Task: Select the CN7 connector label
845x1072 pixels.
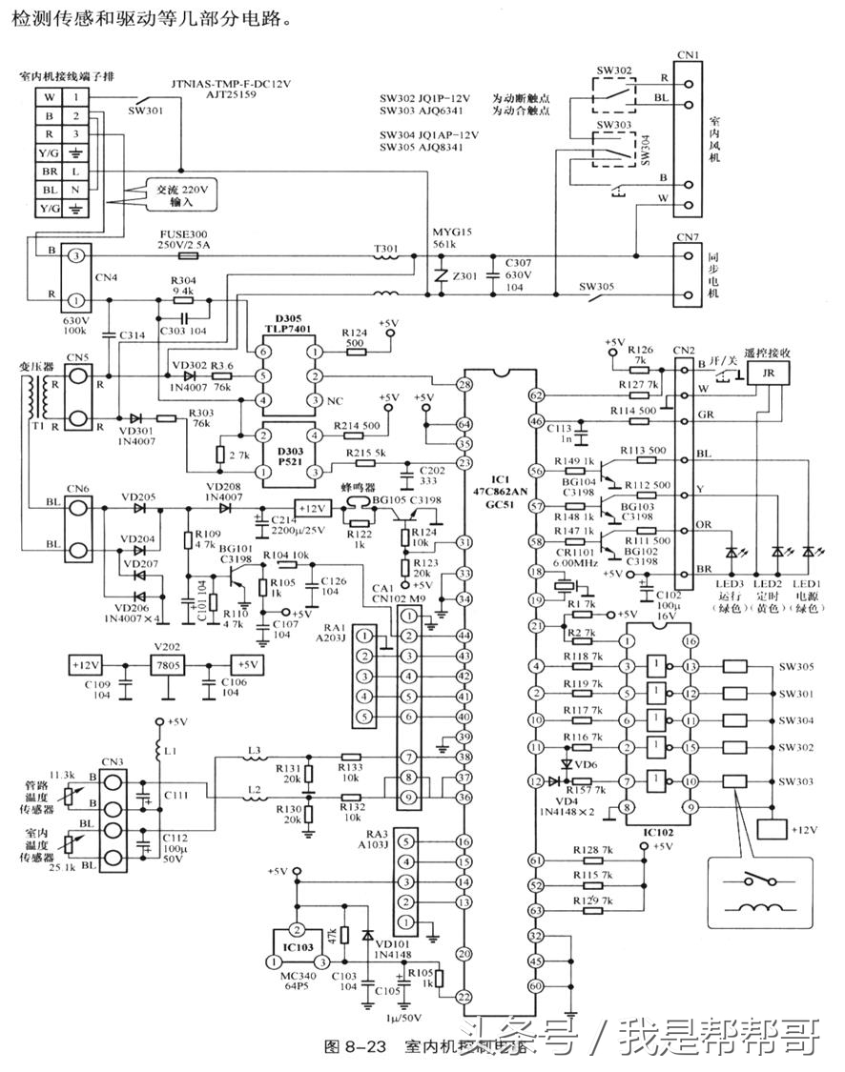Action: pos(686,237)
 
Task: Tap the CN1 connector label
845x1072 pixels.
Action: pos(687,54)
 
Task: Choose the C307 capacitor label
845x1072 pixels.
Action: pos(519,263)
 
